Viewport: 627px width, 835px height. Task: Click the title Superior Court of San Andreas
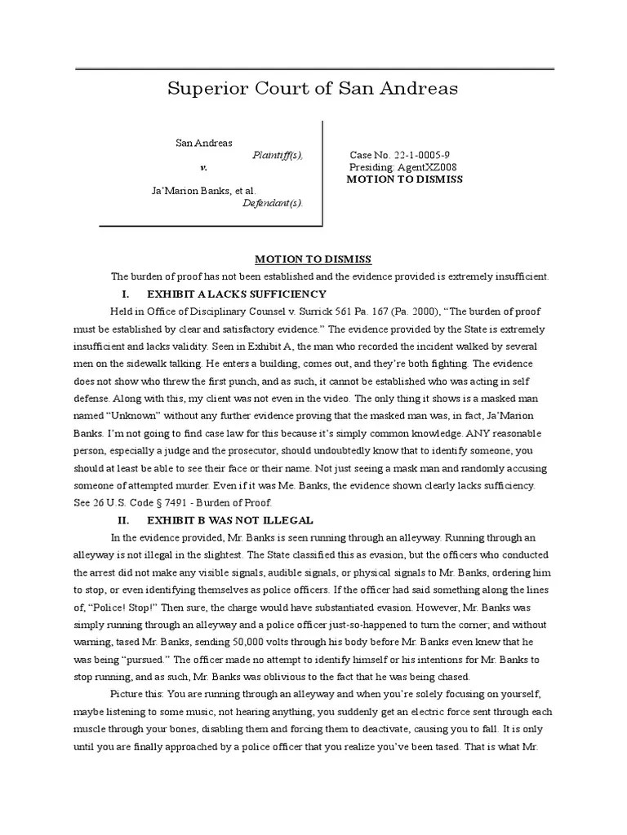pyautogui.click(x=313, y=88)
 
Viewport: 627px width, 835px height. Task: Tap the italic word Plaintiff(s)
pyautogui.click(x=278, y=155)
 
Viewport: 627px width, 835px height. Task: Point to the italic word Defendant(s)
pyautogui.click(x=273, y=203)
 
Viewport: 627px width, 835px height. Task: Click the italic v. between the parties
pyautogui.click(x=204, y=167)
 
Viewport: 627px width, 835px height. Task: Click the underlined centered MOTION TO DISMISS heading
pyautogui.click(x=313, y=259)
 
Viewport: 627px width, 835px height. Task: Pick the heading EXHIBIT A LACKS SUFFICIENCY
pyautogui.click(x=237, y=294)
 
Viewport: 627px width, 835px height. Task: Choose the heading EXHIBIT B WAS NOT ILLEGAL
pyautogui.click(x=230, y=519)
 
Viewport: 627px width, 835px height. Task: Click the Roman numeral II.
pyautogui.click(x=125, y=519)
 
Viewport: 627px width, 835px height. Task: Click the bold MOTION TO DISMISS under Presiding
pyautogui.click(x=405, y=179)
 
